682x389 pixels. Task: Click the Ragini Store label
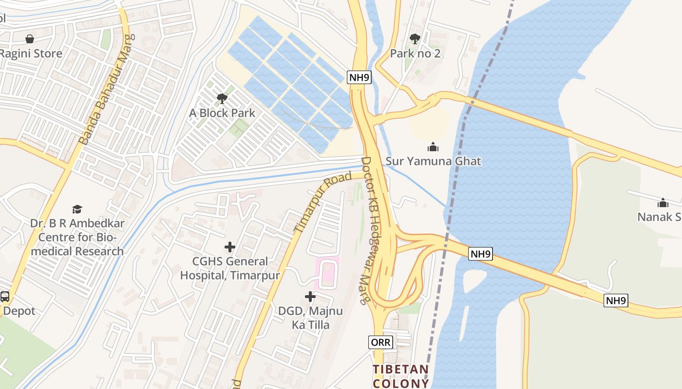click(32, 53)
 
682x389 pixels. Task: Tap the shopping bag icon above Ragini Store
click(30, 39)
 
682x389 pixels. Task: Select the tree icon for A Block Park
click(222, 99)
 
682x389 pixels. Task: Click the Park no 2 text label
click(415, 53)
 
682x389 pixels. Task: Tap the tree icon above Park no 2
click(415, 39)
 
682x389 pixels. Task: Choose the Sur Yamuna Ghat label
click(433, 161)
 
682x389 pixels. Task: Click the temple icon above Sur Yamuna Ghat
click(433, 147)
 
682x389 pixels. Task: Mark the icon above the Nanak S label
click(663, 203)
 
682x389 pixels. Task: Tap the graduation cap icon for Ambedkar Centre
click(77, 210)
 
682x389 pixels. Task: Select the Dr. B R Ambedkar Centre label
click(77, 237)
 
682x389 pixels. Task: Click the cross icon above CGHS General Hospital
click(230, 247)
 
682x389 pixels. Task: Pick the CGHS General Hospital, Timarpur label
click(230, 268)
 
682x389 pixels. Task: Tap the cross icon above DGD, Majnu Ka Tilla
click(310, 296)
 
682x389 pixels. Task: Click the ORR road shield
click(380, 342)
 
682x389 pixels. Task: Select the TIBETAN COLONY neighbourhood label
click(401, 376)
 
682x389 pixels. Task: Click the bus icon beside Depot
click(4, 296)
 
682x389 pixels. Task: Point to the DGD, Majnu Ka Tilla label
click(310, 318)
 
